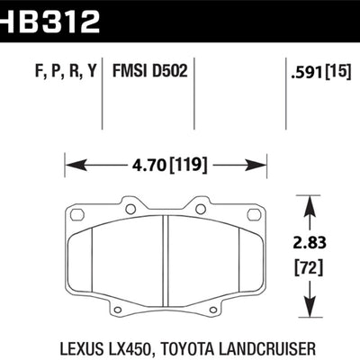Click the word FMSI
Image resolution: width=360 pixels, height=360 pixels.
tap(130, 71)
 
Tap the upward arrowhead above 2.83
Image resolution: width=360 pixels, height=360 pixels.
tap(310, 204)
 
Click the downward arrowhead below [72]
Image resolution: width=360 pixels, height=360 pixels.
tap(310, 300)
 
